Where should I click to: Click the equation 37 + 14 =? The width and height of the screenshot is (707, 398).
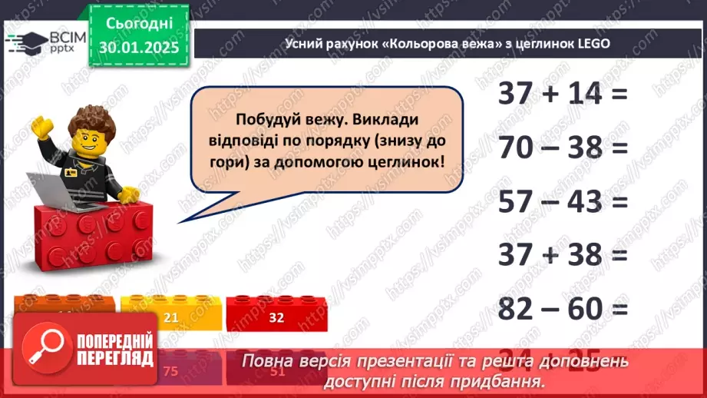pyautogui.click(x=563, y=95)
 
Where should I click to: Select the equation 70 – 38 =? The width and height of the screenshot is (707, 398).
pyautogui.click(x=563, y=148)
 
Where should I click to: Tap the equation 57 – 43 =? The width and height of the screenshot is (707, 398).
pyautogui.click(x=563, y=201)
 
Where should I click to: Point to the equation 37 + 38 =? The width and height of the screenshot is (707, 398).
pyautogui.click(x=563, y=254)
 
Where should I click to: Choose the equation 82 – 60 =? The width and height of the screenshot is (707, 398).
pyautogui.click(x=563, y=308)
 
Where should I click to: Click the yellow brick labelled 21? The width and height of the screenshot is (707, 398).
pyautogui.click(x=170, y=316)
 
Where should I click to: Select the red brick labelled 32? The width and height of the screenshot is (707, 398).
pyautogui.click(x=276, y=316)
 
